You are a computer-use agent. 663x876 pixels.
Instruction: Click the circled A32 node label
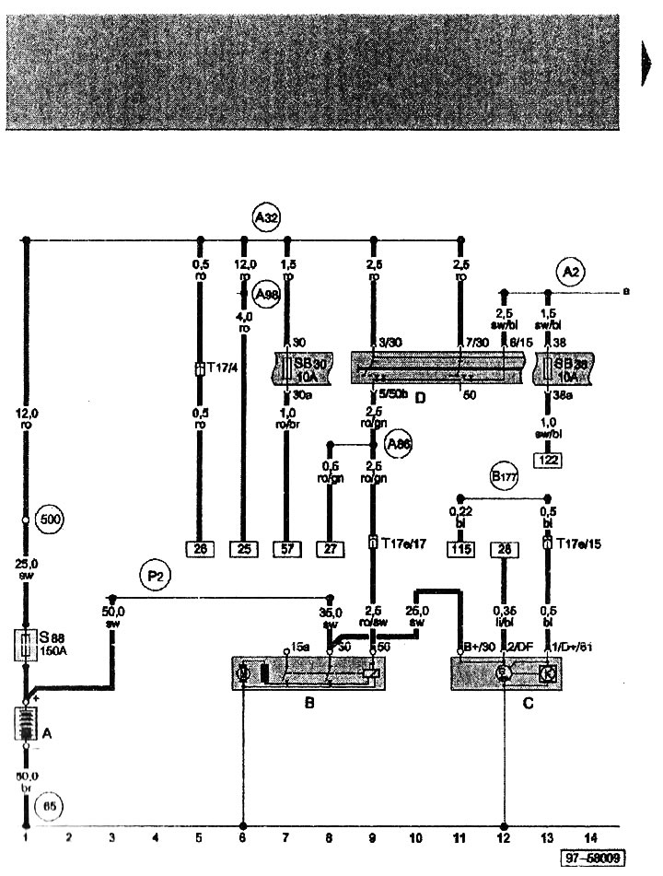tap(266, 218)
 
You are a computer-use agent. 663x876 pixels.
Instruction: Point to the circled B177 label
tap(503, 477)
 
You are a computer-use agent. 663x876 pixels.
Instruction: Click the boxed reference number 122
tap(550, 458)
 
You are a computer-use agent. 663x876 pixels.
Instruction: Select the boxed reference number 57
tap(287, 551)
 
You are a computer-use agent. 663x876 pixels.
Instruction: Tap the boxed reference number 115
tap(460, 550)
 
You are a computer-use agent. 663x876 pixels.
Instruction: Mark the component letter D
tap(420, 399)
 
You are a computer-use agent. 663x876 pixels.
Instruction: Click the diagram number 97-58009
tap(596, 858)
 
